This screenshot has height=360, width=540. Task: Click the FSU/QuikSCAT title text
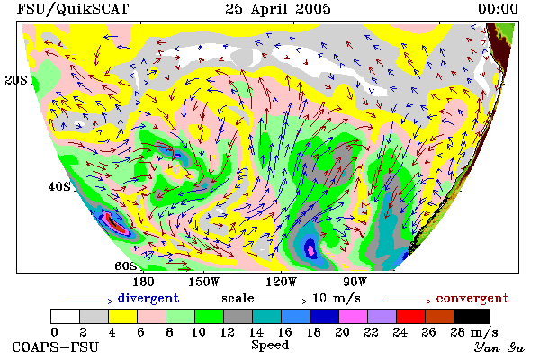tap(73, 9)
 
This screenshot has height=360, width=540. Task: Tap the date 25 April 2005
tap(278, 9)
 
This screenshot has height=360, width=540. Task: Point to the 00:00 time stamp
tap(498, 9)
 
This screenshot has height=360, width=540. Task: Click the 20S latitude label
tap(16, 80)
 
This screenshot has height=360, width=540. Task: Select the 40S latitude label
tap(59, 186)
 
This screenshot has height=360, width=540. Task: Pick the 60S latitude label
tap(126, 265)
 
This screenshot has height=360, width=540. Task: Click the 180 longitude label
tap(143, 282)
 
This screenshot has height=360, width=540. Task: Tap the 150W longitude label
tap(204, 282)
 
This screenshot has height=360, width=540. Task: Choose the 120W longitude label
tap(281, 282)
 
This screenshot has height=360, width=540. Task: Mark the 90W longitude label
tap(355, 282)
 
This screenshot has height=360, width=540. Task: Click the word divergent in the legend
tap(148, 298)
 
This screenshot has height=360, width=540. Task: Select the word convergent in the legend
tap(472, 298)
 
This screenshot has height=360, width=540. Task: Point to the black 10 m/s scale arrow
tap(283, 301)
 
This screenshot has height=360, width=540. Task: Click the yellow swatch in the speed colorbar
tap(123, 316)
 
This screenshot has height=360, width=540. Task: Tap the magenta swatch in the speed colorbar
tap(354, 316)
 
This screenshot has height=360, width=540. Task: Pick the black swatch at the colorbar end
tap(472, 316)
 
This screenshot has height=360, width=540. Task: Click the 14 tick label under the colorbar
tap(256, 332)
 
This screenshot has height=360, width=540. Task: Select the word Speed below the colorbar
tap(270, 346)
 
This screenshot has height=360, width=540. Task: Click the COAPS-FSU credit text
tap(56, 346)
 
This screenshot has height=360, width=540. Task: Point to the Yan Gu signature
tap(499, 347)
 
